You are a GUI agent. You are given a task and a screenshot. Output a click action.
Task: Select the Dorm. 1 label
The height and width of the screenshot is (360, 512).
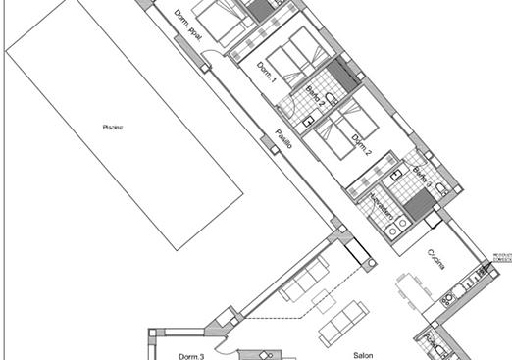tap(267, 72)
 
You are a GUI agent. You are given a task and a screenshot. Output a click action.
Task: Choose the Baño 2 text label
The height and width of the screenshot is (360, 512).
tap(315, 97)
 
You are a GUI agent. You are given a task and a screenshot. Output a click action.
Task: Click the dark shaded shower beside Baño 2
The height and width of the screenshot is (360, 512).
tap(342, 74)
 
